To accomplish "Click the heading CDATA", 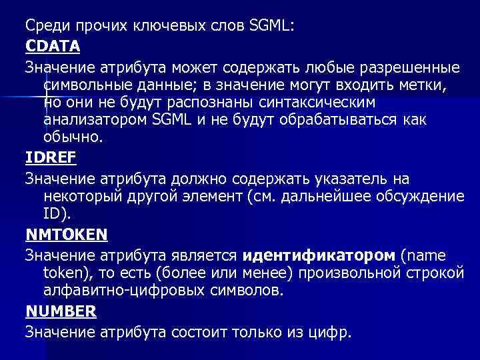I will (x=53, y=47).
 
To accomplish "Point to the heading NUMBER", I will (x=61, y=311).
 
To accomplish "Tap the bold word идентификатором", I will (x=320, y=255).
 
